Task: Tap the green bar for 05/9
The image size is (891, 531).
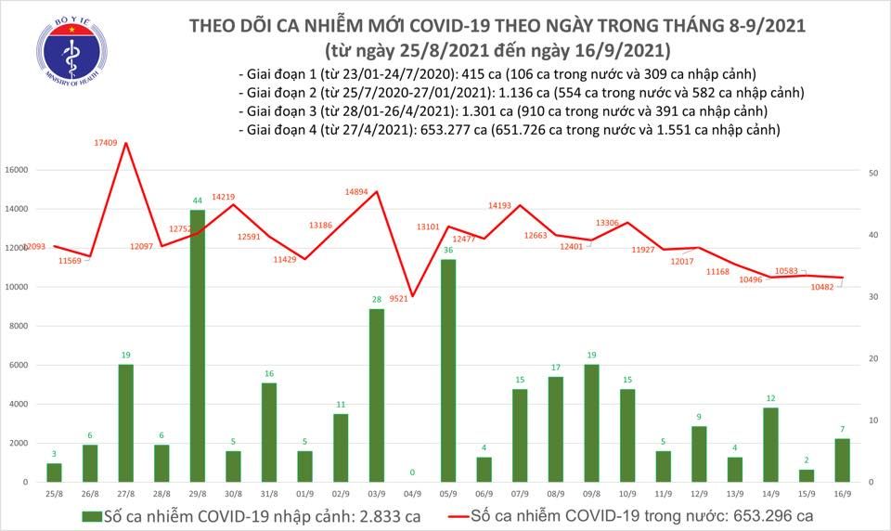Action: pyautogui.click(x=448, y=370)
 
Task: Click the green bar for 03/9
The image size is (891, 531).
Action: pyautogui.click(x=377, y=395)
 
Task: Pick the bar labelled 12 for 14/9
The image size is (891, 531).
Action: pyautogui.click(x=770, y=445)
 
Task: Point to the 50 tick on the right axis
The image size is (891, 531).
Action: pyautogui.click(x=873, y=174)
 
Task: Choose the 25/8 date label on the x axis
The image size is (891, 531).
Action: pyautogui.click(x=54, y=495)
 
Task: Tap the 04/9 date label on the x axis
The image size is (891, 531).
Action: pyautogui.click(x=413, y=495)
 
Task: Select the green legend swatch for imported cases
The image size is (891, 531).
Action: pyautogui.click(x=90, y=515)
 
